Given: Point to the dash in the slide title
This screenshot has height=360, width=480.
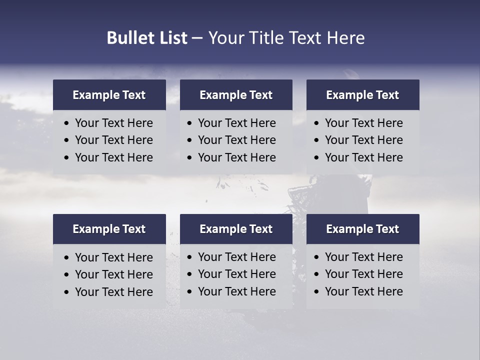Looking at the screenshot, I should tap(197, 38).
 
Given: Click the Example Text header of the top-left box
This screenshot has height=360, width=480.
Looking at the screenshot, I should tap(109, 95).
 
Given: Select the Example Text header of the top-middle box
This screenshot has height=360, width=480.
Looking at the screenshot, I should tap(236, 95).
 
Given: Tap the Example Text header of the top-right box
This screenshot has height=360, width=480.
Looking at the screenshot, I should tap(362, 95).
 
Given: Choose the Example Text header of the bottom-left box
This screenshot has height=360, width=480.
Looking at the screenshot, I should tap(109, 229).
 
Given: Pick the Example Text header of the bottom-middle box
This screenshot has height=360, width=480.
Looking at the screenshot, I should tap(236, 229).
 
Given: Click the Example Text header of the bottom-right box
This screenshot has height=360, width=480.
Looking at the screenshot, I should tap(362, 229).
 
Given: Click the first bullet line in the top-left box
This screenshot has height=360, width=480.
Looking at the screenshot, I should tap(113, 123).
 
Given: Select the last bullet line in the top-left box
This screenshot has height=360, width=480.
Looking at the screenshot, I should tap(113, 157).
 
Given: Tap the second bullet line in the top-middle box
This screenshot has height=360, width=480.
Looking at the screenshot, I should tap(236, 140).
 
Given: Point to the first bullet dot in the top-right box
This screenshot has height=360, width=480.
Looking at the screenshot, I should tap(316, 123).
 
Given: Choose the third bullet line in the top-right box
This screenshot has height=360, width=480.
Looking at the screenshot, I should tap(363, 157).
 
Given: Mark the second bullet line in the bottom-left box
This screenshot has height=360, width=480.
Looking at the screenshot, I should tap(113, 274).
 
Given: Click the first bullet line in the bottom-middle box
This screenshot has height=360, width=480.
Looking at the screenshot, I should tap(236, 257).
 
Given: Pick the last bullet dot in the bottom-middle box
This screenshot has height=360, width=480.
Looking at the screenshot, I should tap(189, 292).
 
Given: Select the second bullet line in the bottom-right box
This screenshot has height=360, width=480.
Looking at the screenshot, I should tap(363, 274).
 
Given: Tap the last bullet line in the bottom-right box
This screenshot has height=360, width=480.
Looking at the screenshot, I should tap(363, 291).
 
